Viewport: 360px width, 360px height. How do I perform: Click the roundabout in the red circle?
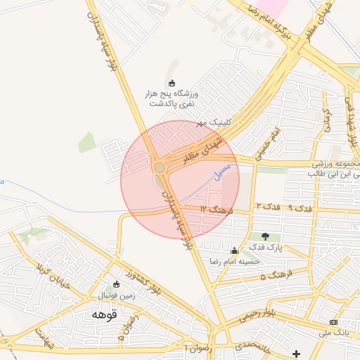pyautogui.click(x=160, y=167)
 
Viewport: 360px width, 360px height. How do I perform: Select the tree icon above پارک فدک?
pyautogui.click(x=265, y=236)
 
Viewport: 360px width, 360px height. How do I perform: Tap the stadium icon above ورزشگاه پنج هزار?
pyautogui.click(x=172, y=83)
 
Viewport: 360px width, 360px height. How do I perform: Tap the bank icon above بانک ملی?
pyautogui.click(x=333, y=321)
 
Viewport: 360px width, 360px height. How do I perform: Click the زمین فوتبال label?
pyautogui.click(x=116, y=295)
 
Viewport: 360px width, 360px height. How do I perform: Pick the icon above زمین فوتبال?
pyautogui.click(x=117, y=285)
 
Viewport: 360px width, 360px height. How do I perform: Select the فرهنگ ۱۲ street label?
pyautogui.click(x=215, y=209)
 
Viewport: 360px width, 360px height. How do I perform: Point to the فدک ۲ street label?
pyautogui.click(x=268, y=207)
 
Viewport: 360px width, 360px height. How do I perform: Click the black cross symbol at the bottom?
pyautogui.click(x=296, y=353)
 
